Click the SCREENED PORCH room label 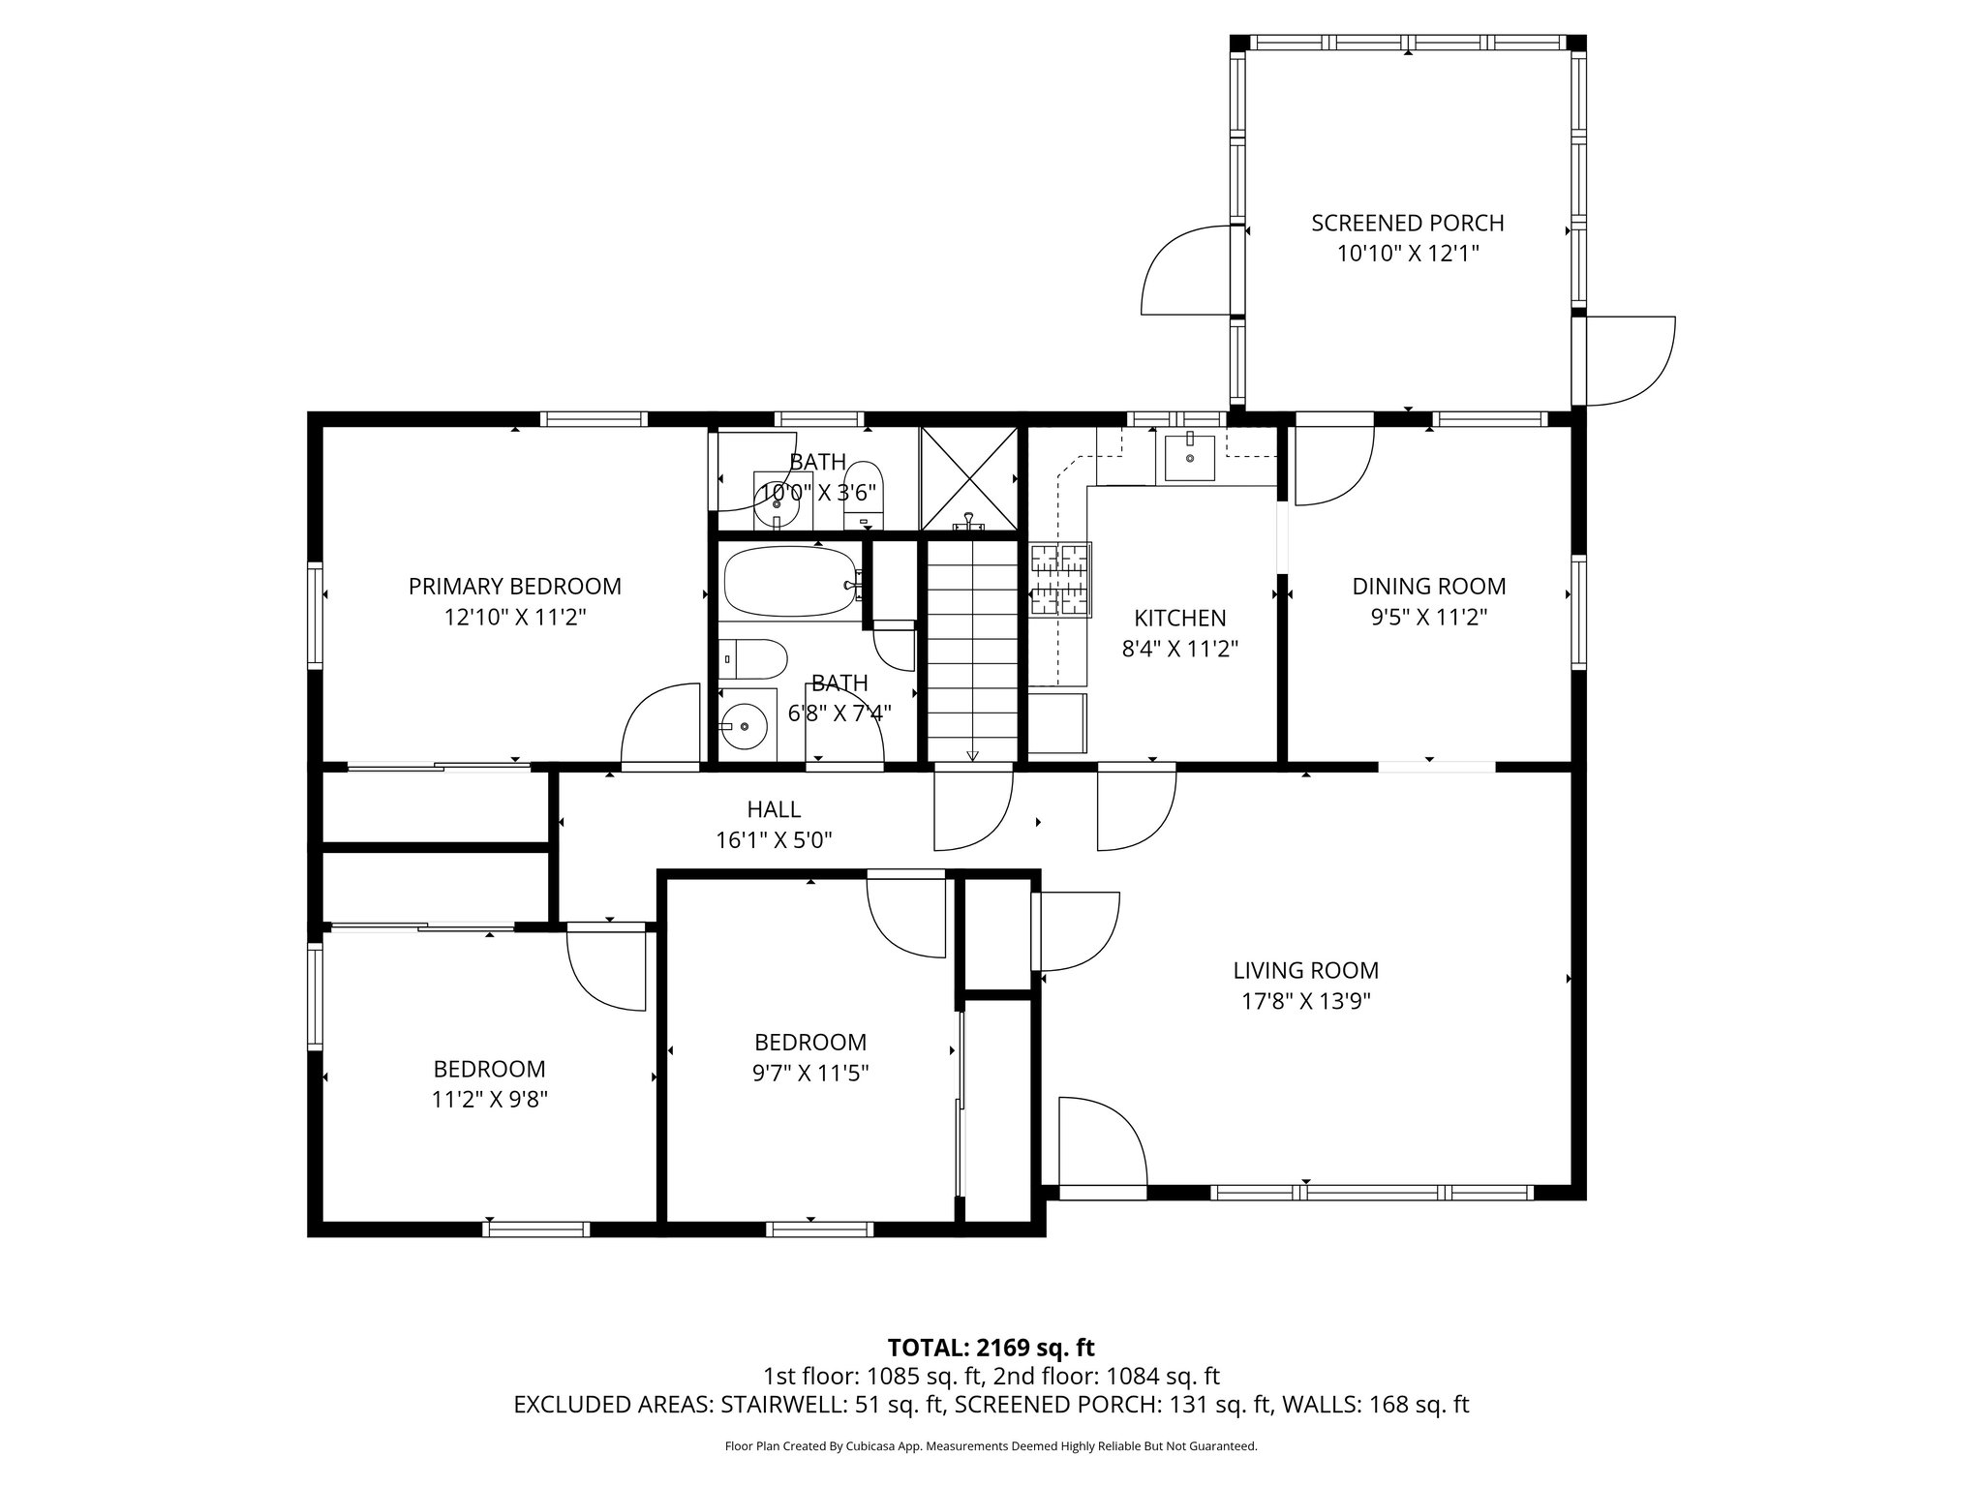click(x=1407, y=224)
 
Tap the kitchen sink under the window click(x=1189, y=456)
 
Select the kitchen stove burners click(x=1060, y=580)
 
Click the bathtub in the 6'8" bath click(x=790, y=582)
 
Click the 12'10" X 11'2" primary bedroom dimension click(x=514, y=618)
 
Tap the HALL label click(x=774, y=809)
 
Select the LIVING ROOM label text click(x=1305, y=970)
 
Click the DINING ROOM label click(x=1428, y=587)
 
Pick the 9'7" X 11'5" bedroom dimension click(x=810, y=1074)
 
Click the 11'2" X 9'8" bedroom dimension click(x=489, y=1100)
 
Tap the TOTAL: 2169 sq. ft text click(x=991, y=1347)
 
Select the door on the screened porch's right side click(x=1627, y=360)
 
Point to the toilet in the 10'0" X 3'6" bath click(x=865, y=497)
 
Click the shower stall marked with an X click(x=968, y=478)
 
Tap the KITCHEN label click(x=1179, y=618)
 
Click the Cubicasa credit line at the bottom click(x=991, y=1446)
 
